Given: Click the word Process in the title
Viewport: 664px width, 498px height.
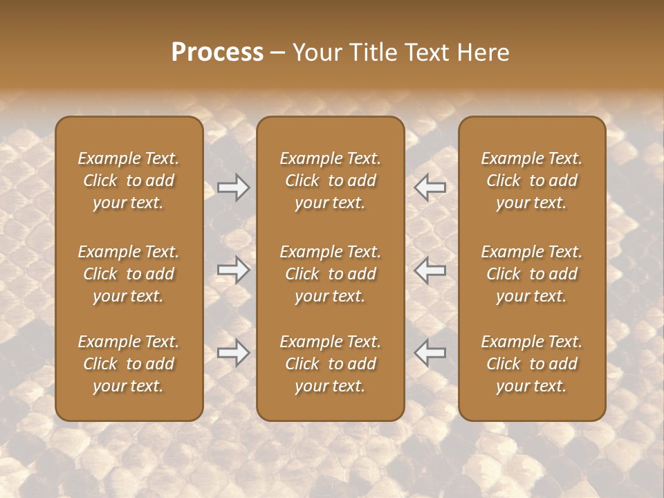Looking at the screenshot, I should pyautogui.click(x=217, y=53).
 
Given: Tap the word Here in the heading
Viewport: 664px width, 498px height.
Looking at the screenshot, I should pyautogui.click(x=481, y=53).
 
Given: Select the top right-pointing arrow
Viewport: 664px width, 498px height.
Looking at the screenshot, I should pyautogui.click(x=233, y=187).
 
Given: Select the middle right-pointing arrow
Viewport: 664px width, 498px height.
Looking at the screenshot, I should pyautogui.click(x=233, y=270).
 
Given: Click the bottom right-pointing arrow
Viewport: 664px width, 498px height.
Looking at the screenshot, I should pyautogui.click(x=233, y=353).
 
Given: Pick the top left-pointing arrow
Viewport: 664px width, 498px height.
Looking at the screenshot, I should pyautogui.click(x=430, y=187).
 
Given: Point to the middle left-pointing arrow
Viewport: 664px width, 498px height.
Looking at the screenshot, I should pyautogui.click(x=430, y=270).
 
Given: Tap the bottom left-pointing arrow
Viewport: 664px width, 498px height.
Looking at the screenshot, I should pyautogui.click(x=430, y=353).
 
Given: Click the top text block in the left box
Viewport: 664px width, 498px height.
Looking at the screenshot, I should pyautogui.click(x=129, y=181).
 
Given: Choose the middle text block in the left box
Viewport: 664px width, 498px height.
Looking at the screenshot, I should pyautogui.click(x=129, y=274).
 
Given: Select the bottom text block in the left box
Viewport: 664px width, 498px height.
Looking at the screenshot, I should pyautogui.click(x=129, y=364).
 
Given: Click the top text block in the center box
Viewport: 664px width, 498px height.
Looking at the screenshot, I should pyautogui.click(x=330, y=181).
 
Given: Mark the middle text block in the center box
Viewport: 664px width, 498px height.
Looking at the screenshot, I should pyautogui.click(x=330, y=274).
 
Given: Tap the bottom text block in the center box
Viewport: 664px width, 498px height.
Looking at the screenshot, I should pyautogui.click(x=330, y=364).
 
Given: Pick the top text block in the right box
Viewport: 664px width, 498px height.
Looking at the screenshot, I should pyautogui.click(x=531, y=181).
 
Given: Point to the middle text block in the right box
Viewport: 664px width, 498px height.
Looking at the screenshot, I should pyautogui.click(x=531, y=274).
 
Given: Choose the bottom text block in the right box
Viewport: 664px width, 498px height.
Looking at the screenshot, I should pyautogui.click(x=531, y=364).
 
